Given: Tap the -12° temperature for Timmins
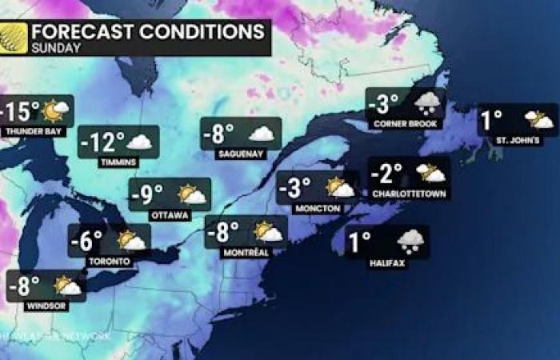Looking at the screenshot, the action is point(103,142).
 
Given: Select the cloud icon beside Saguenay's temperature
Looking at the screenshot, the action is point(261,134).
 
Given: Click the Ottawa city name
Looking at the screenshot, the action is point(170,215).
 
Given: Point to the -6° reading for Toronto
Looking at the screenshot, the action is point(86,240).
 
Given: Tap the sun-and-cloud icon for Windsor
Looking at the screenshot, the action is point(67,286).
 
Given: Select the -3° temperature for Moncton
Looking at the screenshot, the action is point(294,189).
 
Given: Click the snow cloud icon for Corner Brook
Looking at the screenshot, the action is point(428,102).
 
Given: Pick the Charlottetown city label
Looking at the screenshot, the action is point(410,194).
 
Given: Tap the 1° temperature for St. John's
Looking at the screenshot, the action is point(492,120).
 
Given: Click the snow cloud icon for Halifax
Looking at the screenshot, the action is point(410,239).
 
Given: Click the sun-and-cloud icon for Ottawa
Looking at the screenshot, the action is point(192,194).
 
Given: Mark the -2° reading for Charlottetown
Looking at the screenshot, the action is point(390,173).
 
